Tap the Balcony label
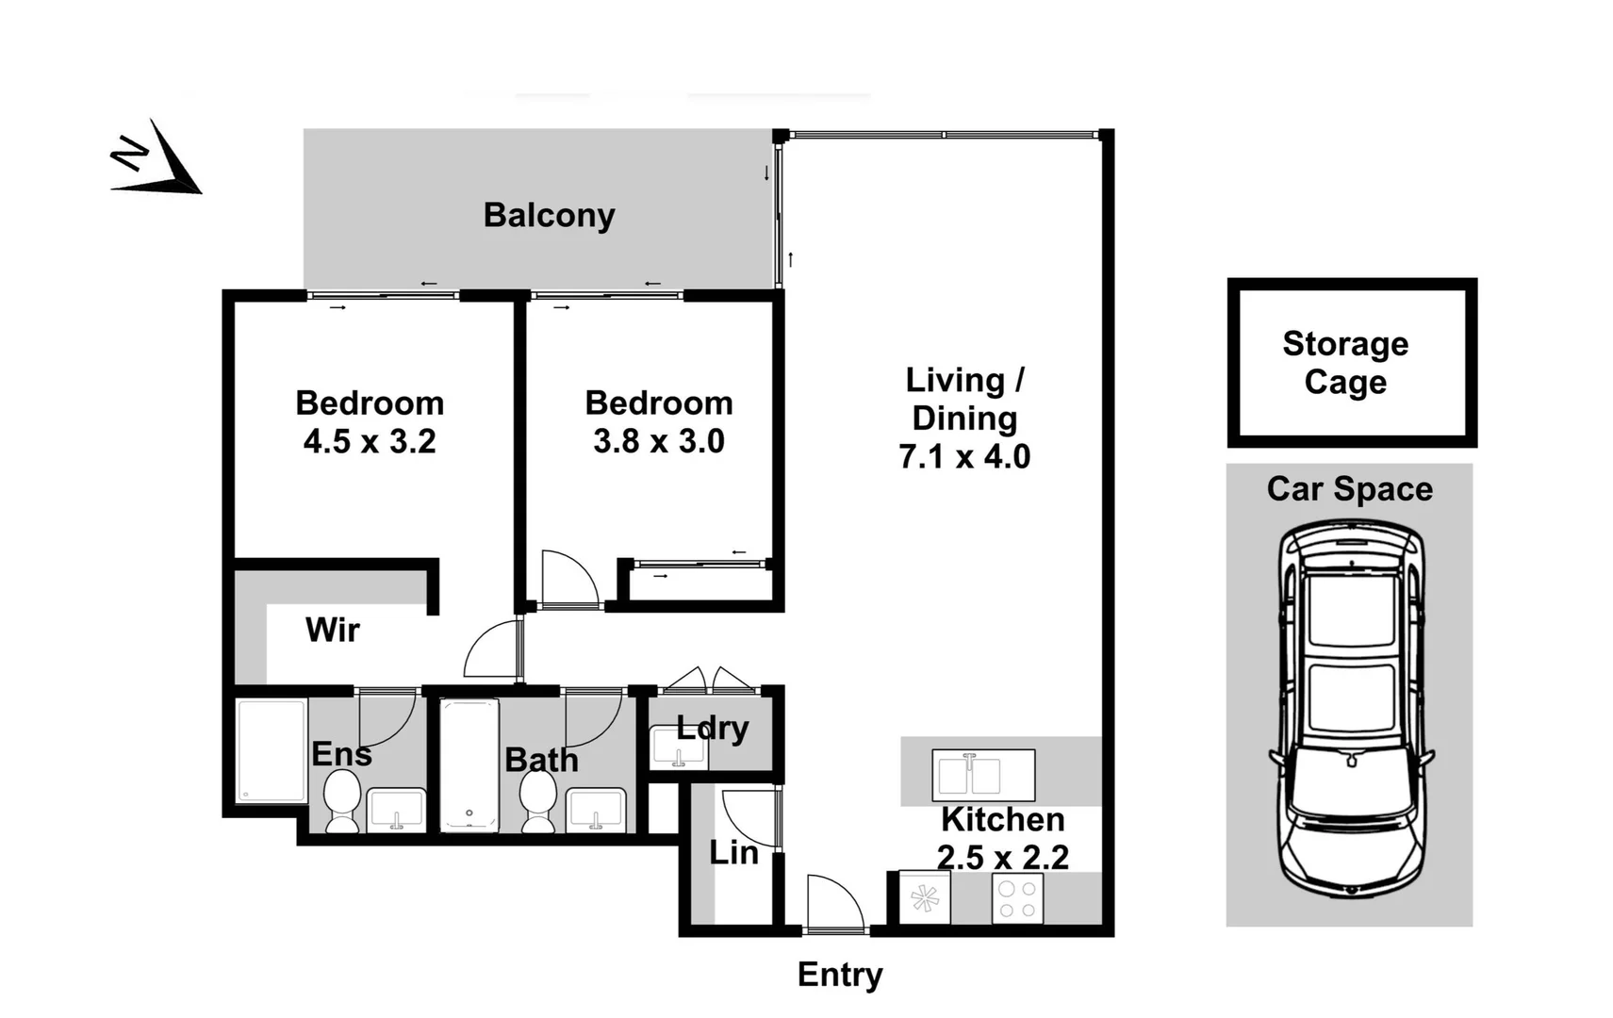click(x=549, y=216)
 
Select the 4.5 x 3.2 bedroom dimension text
click(x=370, y=442)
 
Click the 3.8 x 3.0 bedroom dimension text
click(x=659, y=442)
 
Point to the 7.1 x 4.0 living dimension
click(x=964, y=457)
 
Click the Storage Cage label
click(x=1345, y=363)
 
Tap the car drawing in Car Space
click(x=1351, y=707)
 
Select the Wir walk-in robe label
click(x=332, y=630)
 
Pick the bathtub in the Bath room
click(x=469, y=765)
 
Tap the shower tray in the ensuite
click(x=271, y=750)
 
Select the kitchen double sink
click(x=983, y=775)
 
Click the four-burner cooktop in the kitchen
click(x=1017, y=898)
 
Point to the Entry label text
click(x=840, y=975)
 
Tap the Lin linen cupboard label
click(x=733, y=853)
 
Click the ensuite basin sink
click(x=396, y=809)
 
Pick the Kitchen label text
click(x=1002, y=820)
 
